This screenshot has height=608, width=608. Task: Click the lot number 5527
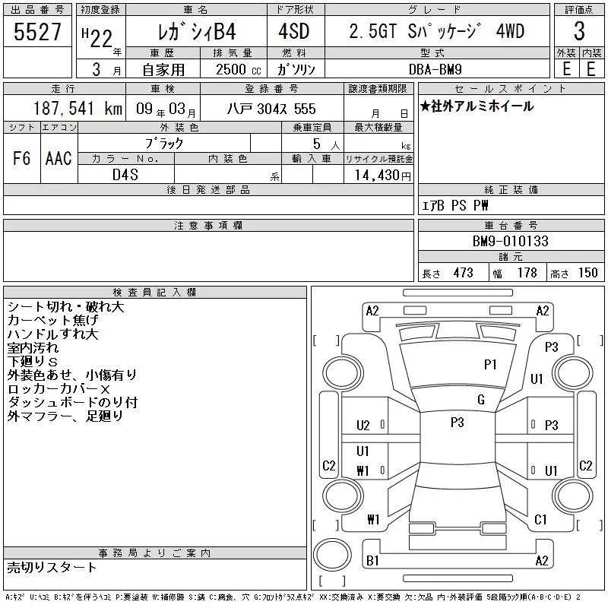coord(37,32)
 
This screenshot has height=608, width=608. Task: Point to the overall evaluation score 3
coord(579,31)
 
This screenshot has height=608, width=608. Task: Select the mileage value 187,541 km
coord(78,109)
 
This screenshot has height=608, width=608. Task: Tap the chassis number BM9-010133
coord(510,241)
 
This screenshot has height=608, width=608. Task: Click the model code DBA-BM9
coord(435,69)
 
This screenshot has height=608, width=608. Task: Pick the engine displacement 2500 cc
coord(238,70)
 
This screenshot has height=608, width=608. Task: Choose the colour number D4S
coord(125,175)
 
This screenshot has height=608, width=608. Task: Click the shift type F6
coord(22,158)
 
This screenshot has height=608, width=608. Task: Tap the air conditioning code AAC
coord(59,158)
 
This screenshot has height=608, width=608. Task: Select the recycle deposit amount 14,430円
coord(383,176)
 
